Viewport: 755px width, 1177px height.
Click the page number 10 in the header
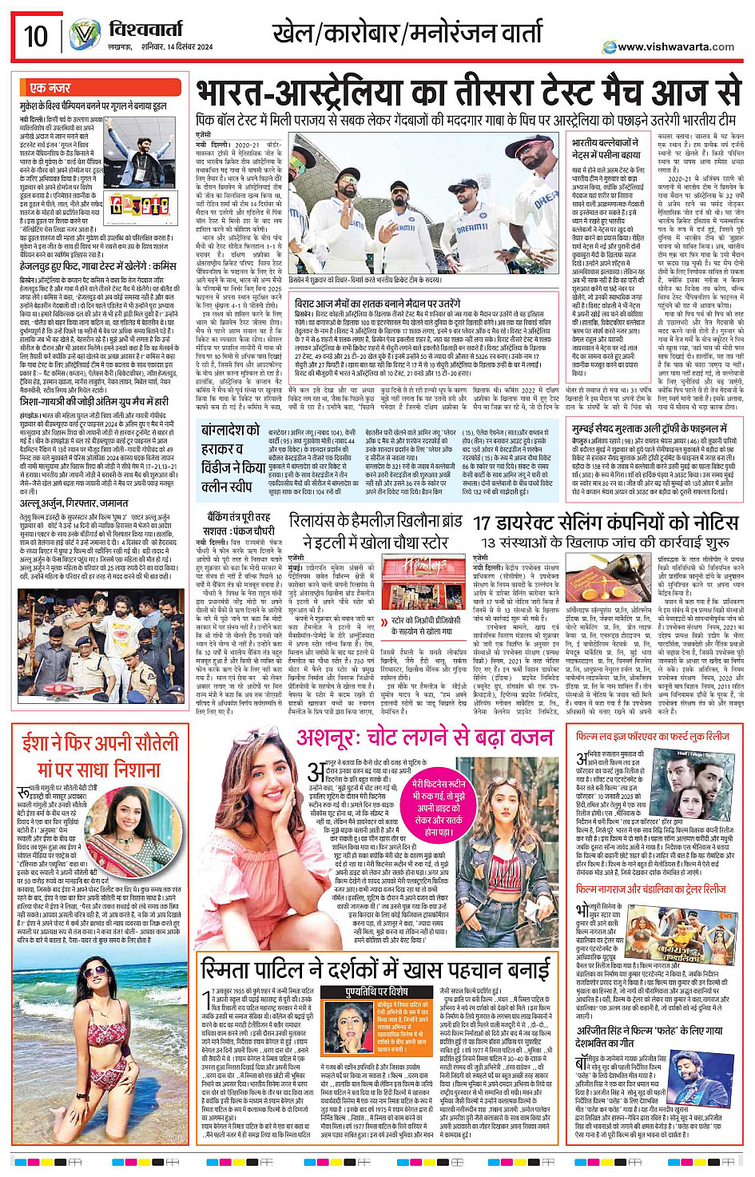pyautogui.click(x=36, y=37)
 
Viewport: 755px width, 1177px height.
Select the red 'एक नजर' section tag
pyautogui.click(x=50, y=88)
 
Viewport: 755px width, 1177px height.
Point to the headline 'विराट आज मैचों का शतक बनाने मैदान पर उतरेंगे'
pyautogui.click(x=377, y=304)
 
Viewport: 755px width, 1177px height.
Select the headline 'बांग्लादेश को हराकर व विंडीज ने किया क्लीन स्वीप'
pyautogui.click(x=231, y=457)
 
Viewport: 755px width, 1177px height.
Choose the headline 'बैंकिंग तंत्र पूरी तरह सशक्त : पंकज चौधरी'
pyautogui.click(x=236, y=524)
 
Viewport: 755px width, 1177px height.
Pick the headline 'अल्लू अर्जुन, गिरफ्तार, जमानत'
pyautogui.click(x=74, y=503)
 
